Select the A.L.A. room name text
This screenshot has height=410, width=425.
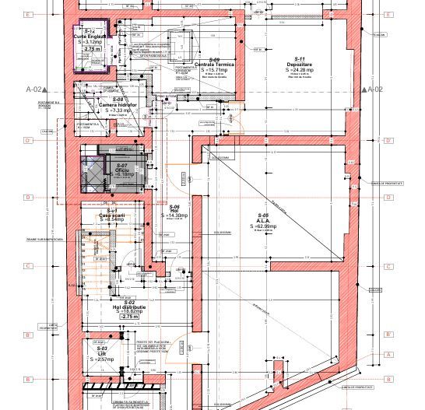[263, 220]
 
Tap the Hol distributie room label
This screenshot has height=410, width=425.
[129, 307]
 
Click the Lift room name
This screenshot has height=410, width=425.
[101, 353]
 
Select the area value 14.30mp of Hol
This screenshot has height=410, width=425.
[176, 214]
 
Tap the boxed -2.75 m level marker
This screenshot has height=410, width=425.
[129, 317]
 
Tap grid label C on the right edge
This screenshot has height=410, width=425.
[387, 265]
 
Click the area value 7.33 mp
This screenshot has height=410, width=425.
[120, 110]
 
